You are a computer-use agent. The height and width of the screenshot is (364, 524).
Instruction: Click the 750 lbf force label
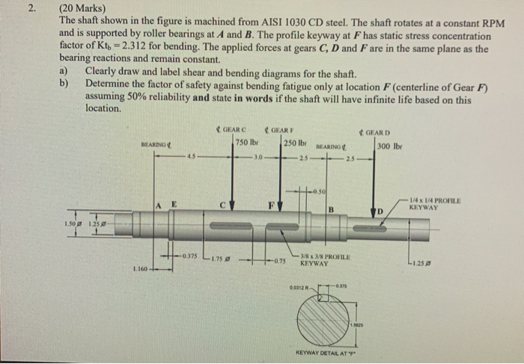[x=246, y=143]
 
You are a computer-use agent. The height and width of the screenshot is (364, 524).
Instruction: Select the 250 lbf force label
[x=294, y=143]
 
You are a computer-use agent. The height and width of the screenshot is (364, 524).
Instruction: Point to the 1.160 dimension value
[x=139, y=268]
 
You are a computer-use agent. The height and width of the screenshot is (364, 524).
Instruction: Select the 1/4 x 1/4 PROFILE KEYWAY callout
[x=435, y=202]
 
